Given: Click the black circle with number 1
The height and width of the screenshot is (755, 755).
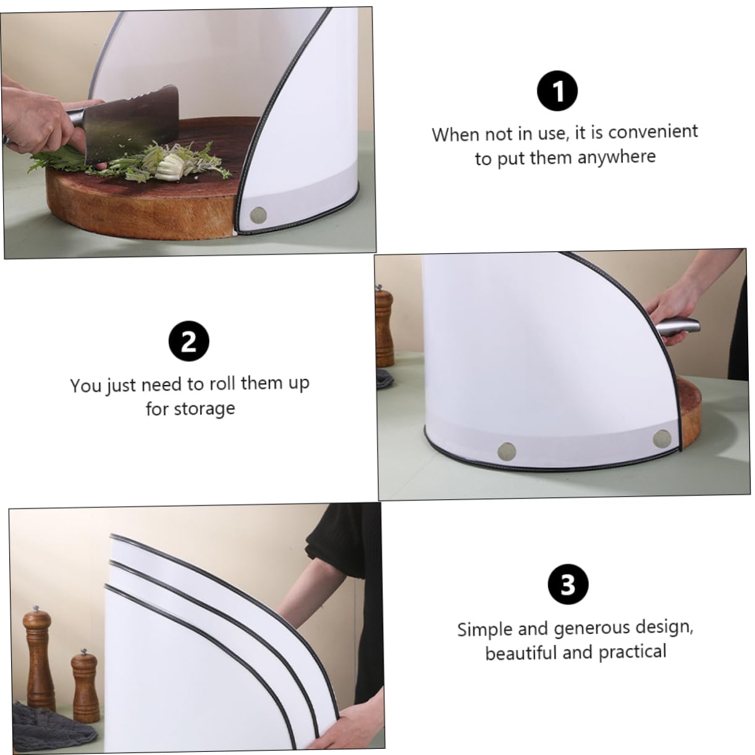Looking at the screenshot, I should [x=557, y=91].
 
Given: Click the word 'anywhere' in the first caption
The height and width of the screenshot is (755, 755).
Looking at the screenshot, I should [x=616, y=157].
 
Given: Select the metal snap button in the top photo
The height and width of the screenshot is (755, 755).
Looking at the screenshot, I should [x=258, y=214].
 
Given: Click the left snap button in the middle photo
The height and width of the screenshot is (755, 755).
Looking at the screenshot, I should [x=507, y=451].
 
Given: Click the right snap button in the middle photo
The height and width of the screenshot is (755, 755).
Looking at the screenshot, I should [x=662, y=438].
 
